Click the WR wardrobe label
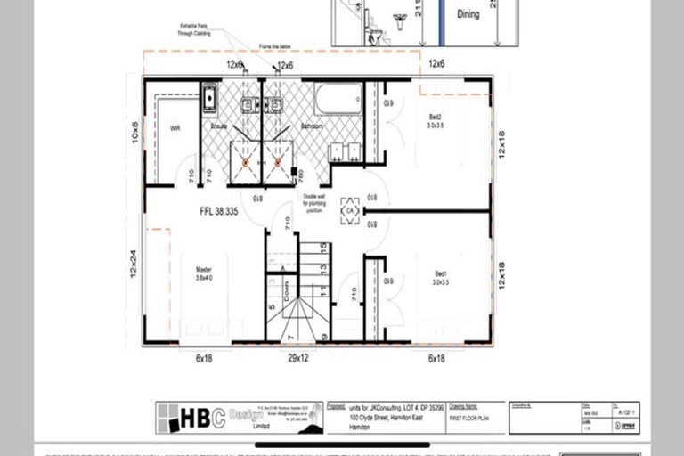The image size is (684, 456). click(x=175, y=128)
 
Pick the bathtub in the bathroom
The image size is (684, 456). click(x=338, y=100)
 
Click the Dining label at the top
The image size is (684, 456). click(x=468, y=15)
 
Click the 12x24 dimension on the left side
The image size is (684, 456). click(x=134, y=264)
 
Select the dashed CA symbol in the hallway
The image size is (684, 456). click(x=350, y=207)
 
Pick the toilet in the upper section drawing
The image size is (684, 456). click(x=376, y=37)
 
